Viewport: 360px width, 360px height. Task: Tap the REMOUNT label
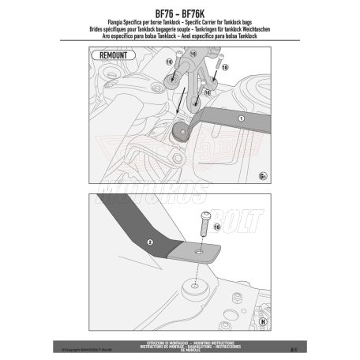(x=106, y=54)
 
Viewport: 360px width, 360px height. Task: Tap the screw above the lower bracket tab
(x=204, y=223)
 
